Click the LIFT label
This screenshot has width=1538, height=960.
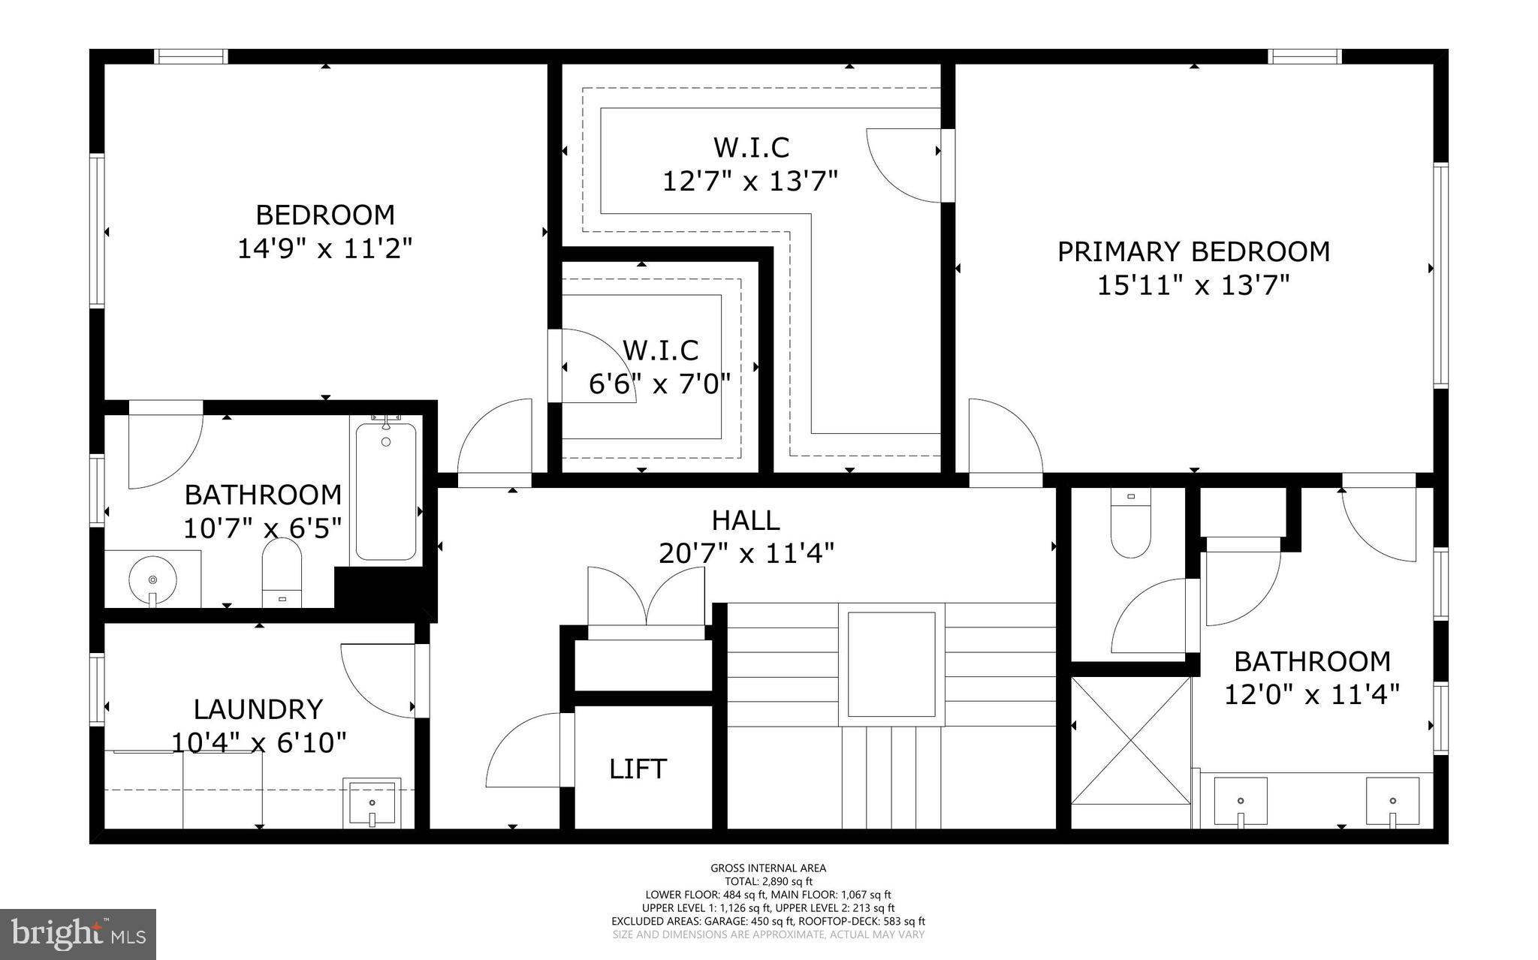click(x=638, y=769)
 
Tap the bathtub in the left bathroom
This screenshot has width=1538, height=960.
click(x=386, y=492)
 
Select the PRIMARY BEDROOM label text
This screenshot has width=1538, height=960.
click(x=1193, y=251)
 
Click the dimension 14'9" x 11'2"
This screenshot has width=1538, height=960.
click(x=325, y=248)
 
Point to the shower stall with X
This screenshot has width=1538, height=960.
click(x=1130, y=739)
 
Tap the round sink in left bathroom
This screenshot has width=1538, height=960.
click(x=152, y=580)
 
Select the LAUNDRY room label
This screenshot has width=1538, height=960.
click(x=258, y=709)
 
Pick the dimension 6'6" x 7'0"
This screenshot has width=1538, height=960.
click(x=659, y=384)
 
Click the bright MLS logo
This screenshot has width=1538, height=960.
click(x=78, y=934)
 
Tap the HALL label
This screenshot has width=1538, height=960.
click(x=745, y=520)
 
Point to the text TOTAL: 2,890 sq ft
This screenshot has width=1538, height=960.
click(x=768, y=882)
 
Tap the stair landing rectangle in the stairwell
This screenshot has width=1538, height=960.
click(x=891, y=664)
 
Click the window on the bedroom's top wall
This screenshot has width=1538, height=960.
click(x=191, y=56)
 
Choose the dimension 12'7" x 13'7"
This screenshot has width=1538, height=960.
click(x=749, y=181)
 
